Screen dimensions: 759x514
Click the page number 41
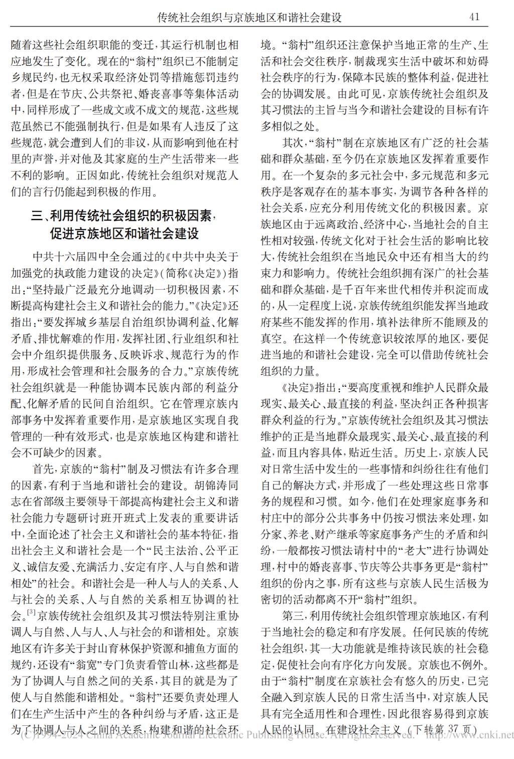point(474,17)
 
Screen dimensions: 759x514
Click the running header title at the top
point(249,18)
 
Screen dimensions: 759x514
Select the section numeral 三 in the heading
point(37,216)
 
